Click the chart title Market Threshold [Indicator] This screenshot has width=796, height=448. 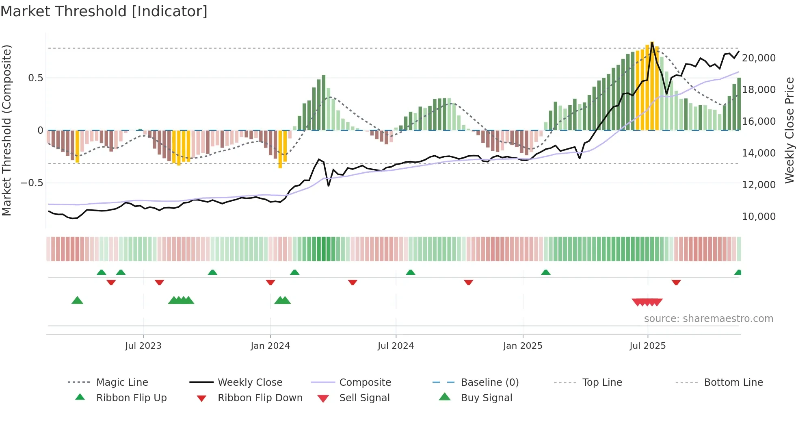pyautogui.click(x=104, y=11)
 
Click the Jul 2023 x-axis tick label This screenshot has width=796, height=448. pyautogui.click(x=143, y=346)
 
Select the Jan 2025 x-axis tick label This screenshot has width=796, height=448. pyautogui.click(x=522, y=346)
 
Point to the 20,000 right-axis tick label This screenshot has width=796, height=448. pyautogui.click(x=759, y=58)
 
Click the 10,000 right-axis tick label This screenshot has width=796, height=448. pyautogui.click(x=759, y=217)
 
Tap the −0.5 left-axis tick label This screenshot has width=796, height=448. pyautogui.click(x=32, y=183)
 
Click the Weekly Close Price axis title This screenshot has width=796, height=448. pyautogui.click(x=789, y=130)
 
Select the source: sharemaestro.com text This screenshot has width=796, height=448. pyautogui.click(x=708, y=319)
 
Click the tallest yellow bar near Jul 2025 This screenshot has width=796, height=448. pyautogui.click(x=652, y=85)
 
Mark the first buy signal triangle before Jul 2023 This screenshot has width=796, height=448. pyautogui.click(x=77, y=301)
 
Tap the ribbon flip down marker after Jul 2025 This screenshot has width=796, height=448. pyautogui.click(x=676, y=283)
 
